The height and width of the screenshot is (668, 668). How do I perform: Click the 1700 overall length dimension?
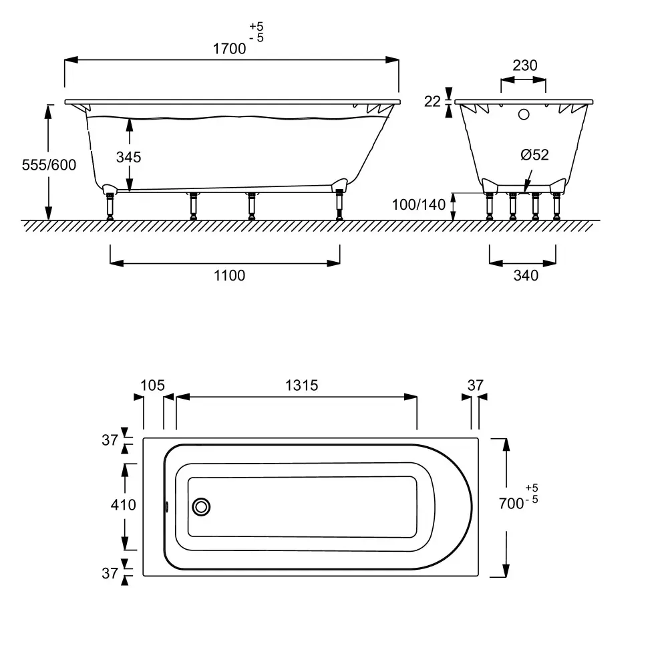point(229,49)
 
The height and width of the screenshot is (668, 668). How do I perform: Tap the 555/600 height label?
point(49,165)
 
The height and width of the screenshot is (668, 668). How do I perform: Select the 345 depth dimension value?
point(128,157)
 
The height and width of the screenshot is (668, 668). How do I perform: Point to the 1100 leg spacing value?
point(229,276)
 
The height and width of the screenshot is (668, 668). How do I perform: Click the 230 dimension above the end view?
point(525,65)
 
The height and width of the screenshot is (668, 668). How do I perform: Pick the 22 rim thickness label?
point(432,102)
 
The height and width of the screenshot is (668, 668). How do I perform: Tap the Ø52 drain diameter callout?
point(534,155)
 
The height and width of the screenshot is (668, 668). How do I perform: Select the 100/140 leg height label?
point(418,204)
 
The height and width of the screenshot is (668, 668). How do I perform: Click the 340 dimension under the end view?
point(526,276)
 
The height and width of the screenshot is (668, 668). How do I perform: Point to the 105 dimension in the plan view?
point(152,385)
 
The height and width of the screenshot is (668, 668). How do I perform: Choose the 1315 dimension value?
point(301,385)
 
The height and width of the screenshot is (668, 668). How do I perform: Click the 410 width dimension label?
point(123,505)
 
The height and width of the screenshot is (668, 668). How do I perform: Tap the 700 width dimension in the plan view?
point(511,504)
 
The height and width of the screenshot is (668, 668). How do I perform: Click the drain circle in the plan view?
point(201,507)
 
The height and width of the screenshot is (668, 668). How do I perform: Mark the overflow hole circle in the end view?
point(524,114)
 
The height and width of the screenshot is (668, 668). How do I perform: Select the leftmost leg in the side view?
point(110,206)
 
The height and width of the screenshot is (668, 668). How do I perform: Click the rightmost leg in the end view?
point(556,206)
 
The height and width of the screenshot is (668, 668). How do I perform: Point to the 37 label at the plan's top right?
point(476,385)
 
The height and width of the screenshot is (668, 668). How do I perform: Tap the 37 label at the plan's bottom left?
point(110,573)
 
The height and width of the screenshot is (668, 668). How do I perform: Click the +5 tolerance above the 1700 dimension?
point(257,27)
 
